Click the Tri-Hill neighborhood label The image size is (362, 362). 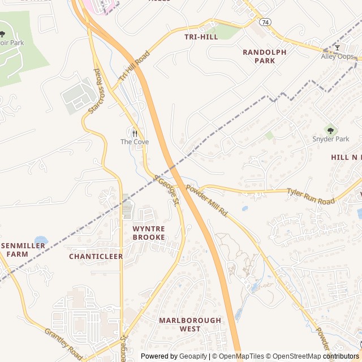201,37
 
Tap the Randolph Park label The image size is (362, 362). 264,56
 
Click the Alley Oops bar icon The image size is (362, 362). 338,48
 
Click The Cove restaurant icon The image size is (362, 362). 135,133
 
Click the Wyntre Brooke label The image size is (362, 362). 149,232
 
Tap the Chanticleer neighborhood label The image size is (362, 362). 96,256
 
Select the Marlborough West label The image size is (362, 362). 190,324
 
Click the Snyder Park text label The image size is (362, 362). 331,139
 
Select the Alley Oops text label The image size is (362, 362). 338,57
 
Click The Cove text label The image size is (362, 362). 135,142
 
